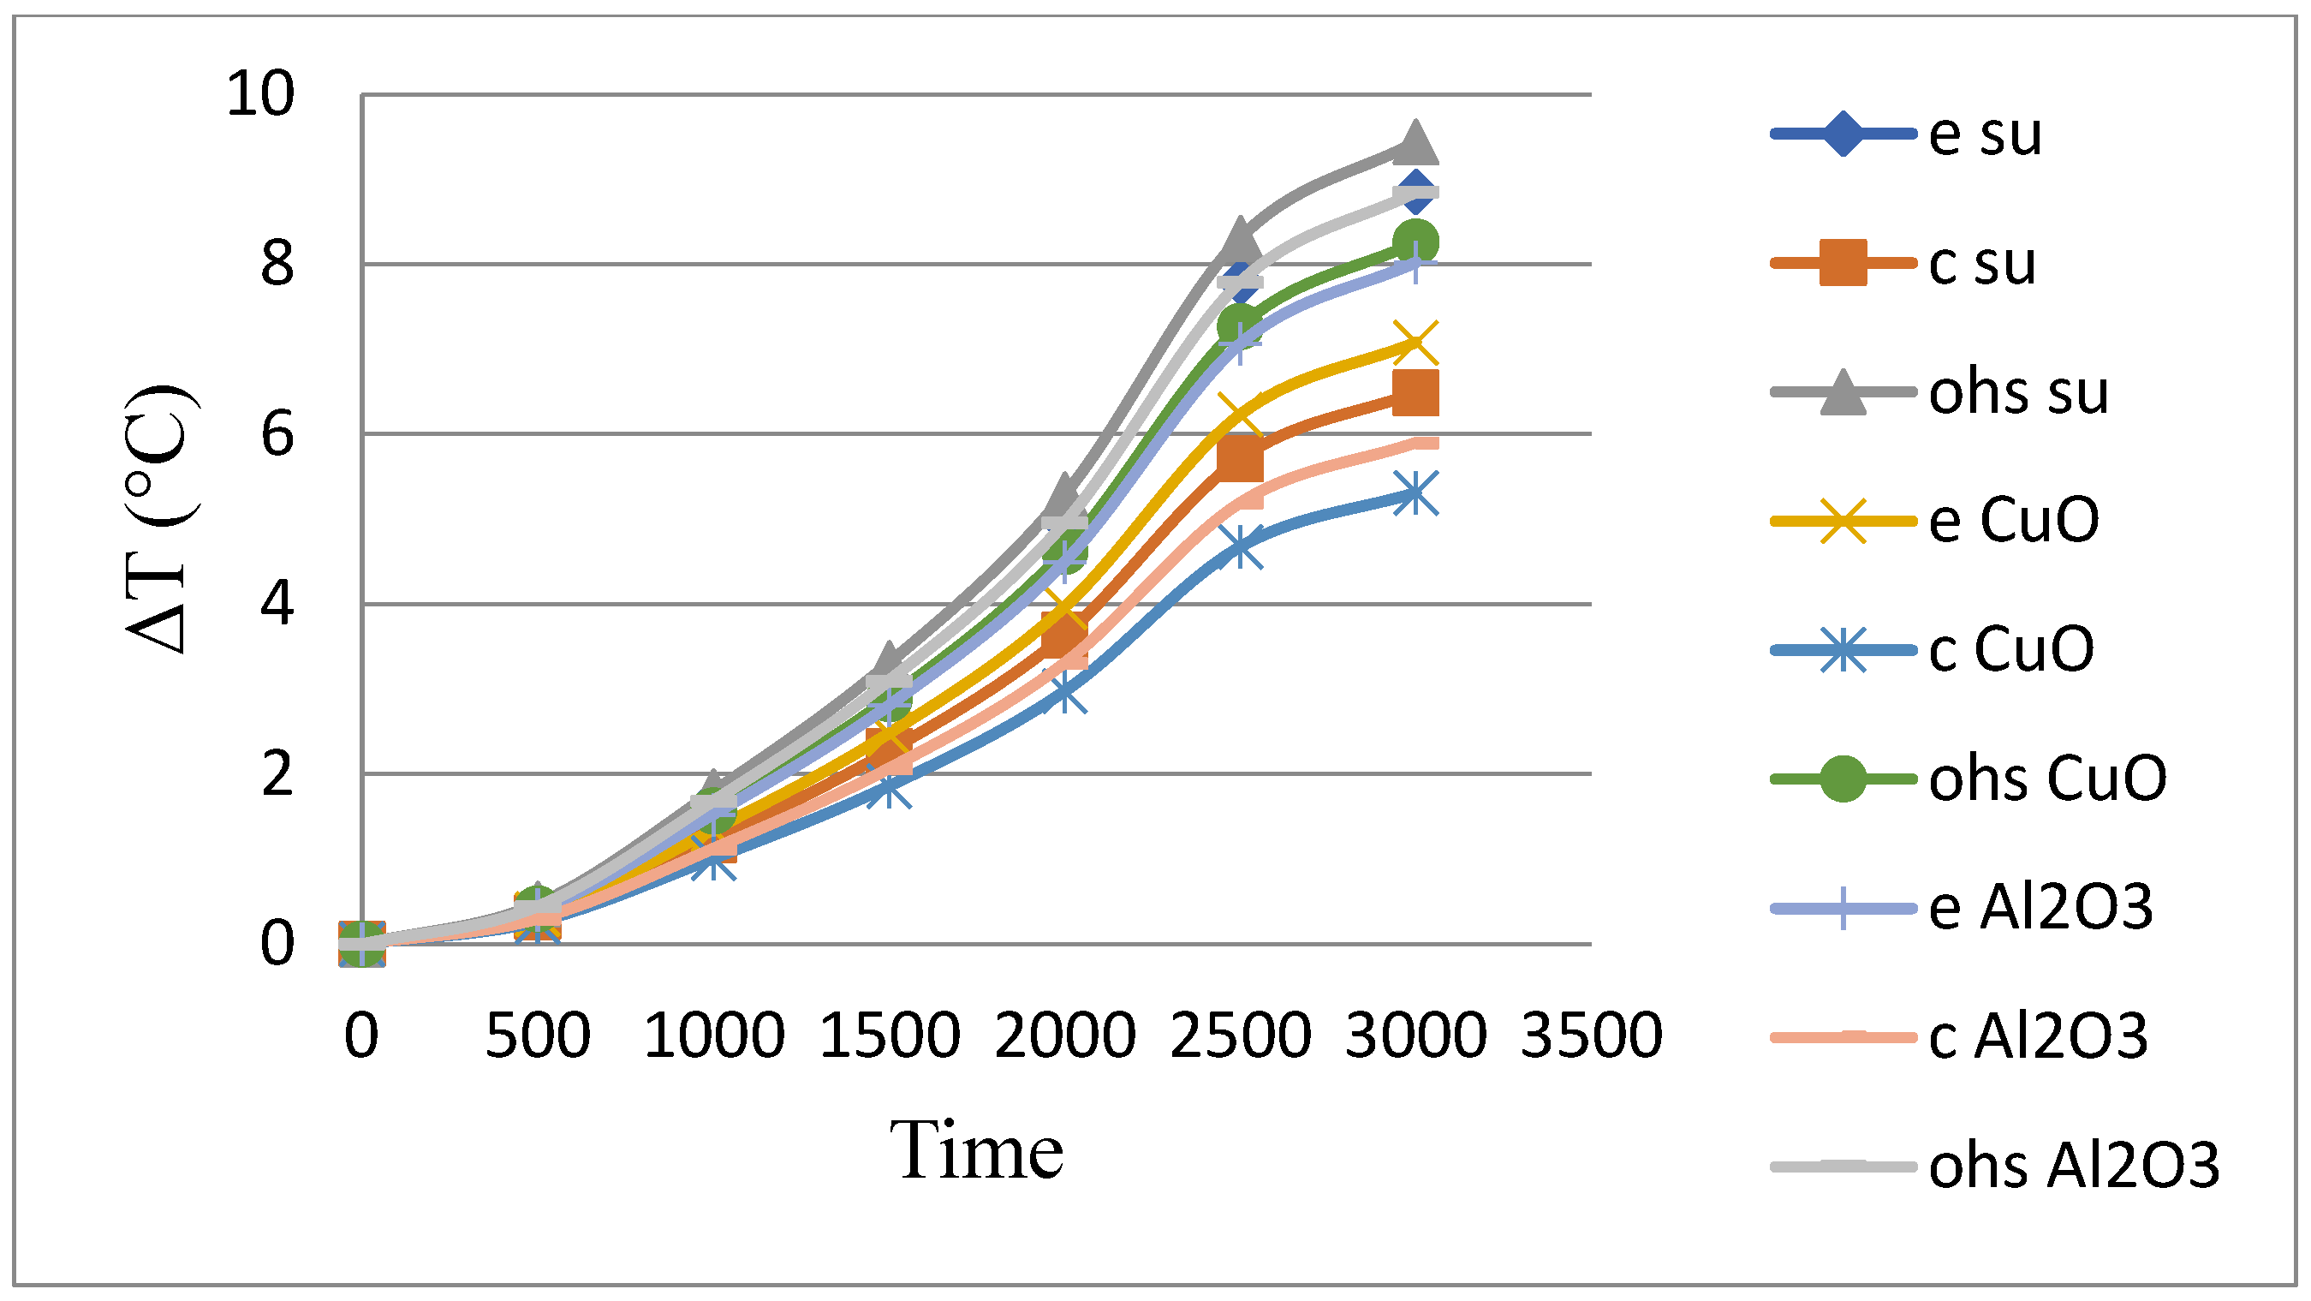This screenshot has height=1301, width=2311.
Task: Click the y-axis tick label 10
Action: (260, 93)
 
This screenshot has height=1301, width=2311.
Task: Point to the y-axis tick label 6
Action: (277, 435)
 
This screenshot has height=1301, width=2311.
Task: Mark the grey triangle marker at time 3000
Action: (1415, 144)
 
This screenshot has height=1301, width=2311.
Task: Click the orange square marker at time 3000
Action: (1415, 393)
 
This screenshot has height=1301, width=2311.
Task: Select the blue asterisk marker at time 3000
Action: (1415, 493)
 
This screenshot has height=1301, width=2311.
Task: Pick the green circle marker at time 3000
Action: (1415, 242)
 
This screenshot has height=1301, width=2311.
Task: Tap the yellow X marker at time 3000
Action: (1415, 343)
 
